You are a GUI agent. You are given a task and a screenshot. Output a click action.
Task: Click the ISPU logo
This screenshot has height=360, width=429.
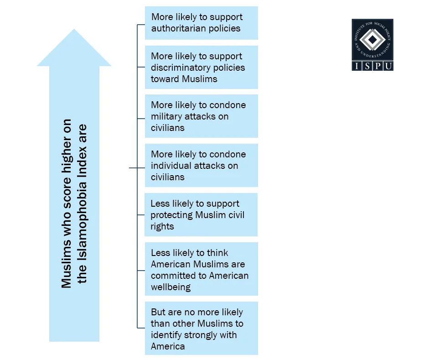pyautogui.click(x=372, y=45)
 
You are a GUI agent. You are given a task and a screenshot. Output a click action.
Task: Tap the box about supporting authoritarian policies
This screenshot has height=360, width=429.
pyautogui.click(x=201, y=23)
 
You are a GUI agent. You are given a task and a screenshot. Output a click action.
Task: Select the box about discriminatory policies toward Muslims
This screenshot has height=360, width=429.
pyautogui.click(x=201, y=67)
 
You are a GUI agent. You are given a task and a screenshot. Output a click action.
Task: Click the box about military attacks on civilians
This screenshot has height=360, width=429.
pyautogui.click(x=201, y=116)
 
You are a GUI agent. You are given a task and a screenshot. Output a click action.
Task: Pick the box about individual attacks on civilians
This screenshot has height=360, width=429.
pyautogui.click(x=201, y=165)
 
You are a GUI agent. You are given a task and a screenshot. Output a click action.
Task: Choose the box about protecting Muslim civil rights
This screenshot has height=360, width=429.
pyautogui.click(x=201, y=214)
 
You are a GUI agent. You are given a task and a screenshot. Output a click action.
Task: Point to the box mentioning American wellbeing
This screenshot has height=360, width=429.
pyautogui.click(x=201, y=269)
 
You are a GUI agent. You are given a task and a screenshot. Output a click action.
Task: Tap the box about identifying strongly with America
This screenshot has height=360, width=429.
pyautogui.click(x=201, y=329)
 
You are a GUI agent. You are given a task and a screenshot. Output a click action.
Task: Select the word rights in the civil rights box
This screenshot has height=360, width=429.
pyautogui.click(x=162, y=226)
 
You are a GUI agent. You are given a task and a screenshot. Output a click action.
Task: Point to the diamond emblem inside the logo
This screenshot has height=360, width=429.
pyautogui.click(x=372, y=41)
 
